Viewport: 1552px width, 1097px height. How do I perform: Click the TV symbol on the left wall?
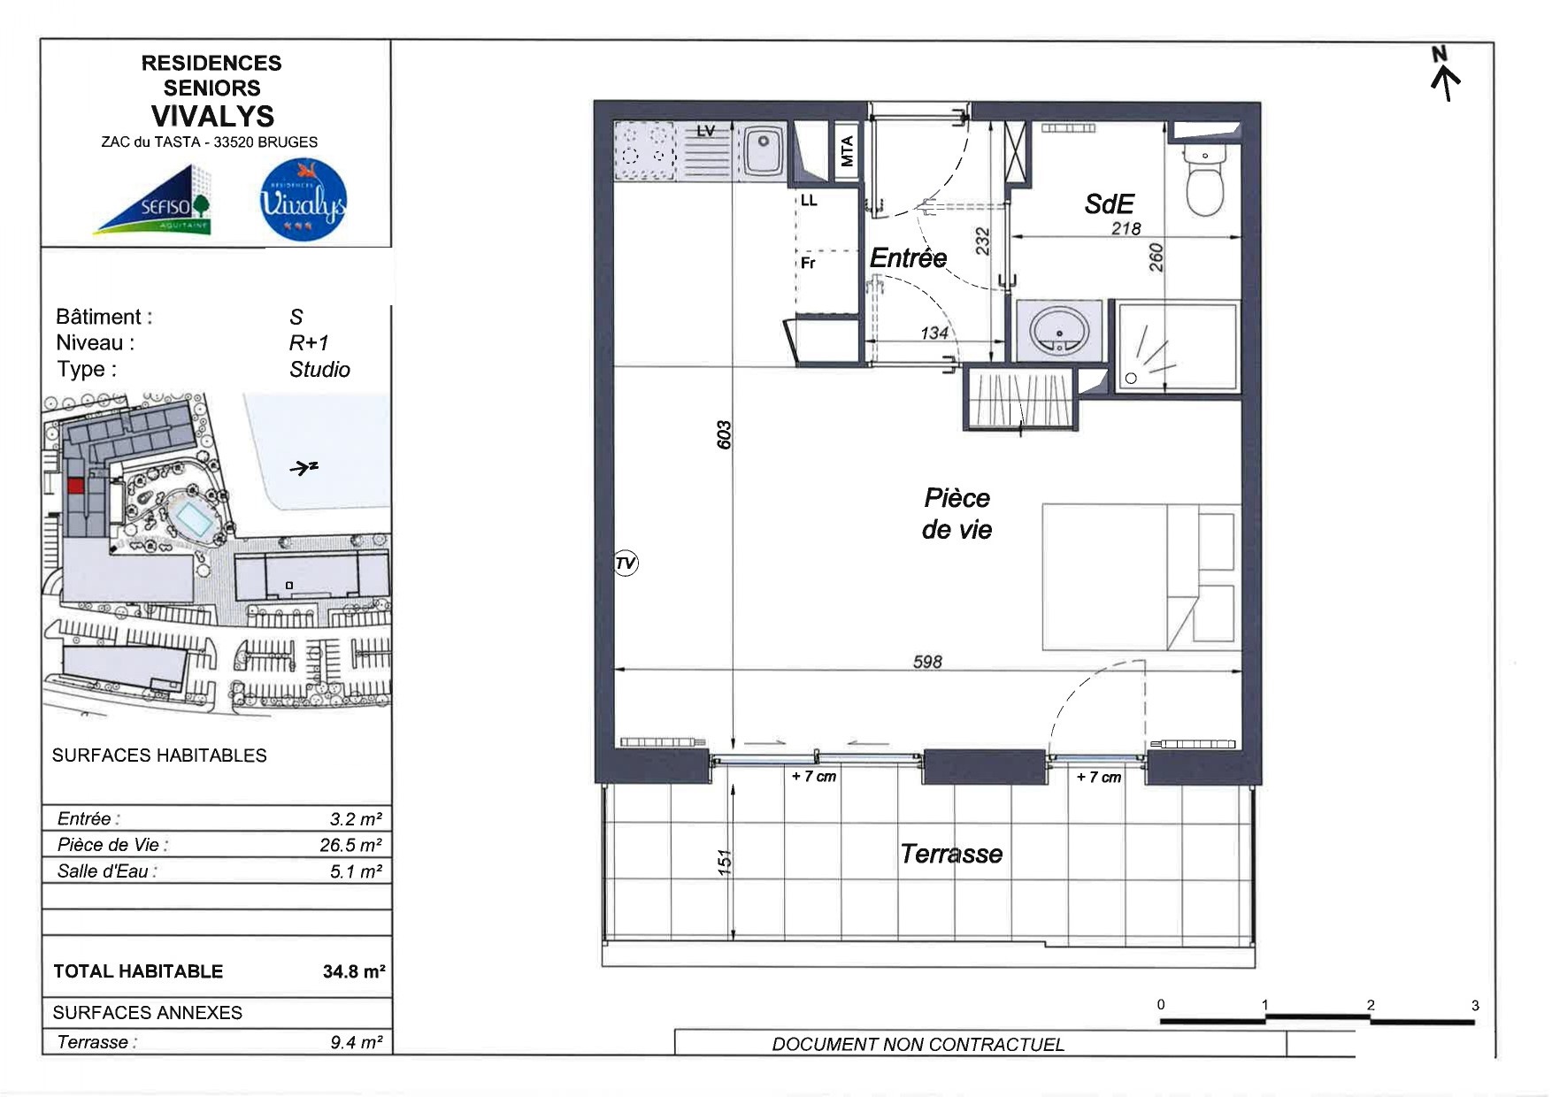pos(626,564)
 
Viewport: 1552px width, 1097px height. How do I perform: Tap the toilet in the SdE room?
pos(1204,181)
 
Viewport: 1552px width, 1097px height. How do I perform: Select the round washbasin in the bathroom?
pos(1059,331)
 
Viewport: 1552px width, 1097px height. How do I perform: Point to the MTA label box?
pos(847,150)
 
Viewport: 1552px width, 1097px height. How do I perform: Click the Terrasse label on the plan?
pos(951,854)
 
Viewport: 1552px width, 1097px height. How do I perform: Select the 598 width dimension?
pos(927,662)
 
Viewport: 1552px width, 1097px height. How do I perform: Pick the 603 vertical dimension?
pos(724,434)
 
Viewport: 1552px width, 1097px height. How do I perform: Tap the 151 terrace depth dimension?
pos(725,863)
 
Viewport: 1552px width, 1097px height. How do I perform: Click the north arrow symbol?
pos(1445,74)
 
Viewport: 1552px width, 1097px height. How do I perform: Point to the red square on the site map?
pos(76,486)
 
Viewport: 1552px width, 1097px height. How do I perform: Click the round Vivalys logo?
pos(303,200)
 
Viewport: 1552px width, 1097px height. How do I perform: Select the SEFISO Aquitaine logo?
pos(153,200)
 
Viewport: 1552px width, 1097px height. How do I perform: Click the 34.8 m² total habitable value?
pos(353,971)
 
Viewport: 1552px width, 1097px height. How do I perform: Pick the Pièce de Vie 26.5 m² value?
pos(350,845)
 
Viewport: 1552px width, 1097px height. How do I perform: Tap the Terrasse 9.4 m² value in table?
pos(356,1042)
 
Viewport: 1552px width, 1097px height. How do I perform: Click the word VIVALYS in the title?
pos(212,116)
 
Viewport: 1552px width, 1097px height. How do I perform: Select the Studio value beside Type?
pos(319,369)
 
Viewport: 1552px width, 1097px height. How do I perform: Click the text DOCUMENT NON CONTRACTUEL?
pos(918,1044)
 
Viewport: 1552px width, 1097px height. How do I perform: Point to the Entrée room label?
pos(908,257)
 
